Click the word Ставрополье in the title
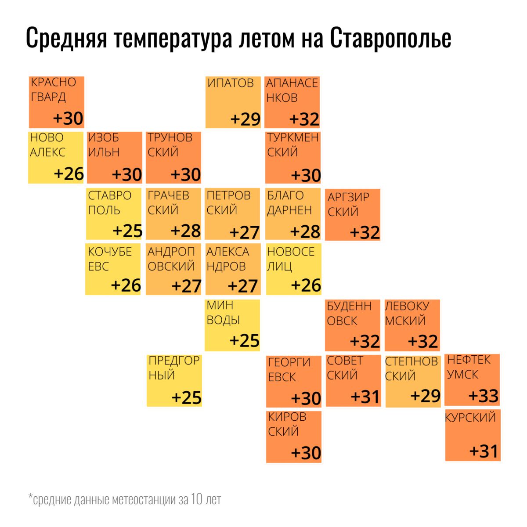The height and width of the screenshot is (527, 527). (x=390, y=39)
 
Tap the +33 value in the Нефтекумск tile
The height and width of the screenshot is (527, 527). (x=484, y=396)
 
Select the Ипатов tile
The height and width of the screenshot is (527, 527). (x=233, y=102)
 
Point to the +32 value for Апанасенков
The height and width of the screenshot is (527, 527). (x=304, y=119)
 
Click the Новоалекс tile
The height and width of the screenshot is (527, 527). (x=56, y=157)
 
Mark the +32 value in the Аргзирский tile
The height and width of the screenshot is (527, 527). (x=365, y=232)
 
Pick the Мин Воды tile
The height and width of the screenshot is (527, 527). (x=232, y=325)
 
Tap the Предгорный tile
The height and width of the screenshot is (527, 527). (x=174, y=380)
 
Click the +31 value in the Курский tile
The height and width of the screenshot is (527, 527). (x=484, y=451)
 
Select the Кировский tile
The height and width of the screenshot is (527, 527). (x=294, y=436)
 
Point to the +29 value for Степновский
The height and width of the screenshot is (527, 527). (x=425, y=396)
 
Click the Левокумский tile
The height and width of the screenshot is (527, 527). (x=412, y=325)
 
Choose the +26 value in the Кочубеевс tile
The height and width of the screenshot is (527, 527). (x=126, y=285)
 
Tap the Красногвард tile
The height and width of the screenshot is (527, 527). (x=57, y=102)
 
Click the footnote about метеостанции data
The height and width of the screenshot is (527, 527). (x=125, y=499)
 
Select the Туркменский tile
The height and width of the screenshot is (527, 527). (x=293, y=157)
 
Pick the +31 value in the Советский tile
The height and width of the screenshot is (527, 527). (x=365, y=397)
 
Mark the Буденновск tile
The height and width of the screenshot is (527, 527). (x=353, y=325)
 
